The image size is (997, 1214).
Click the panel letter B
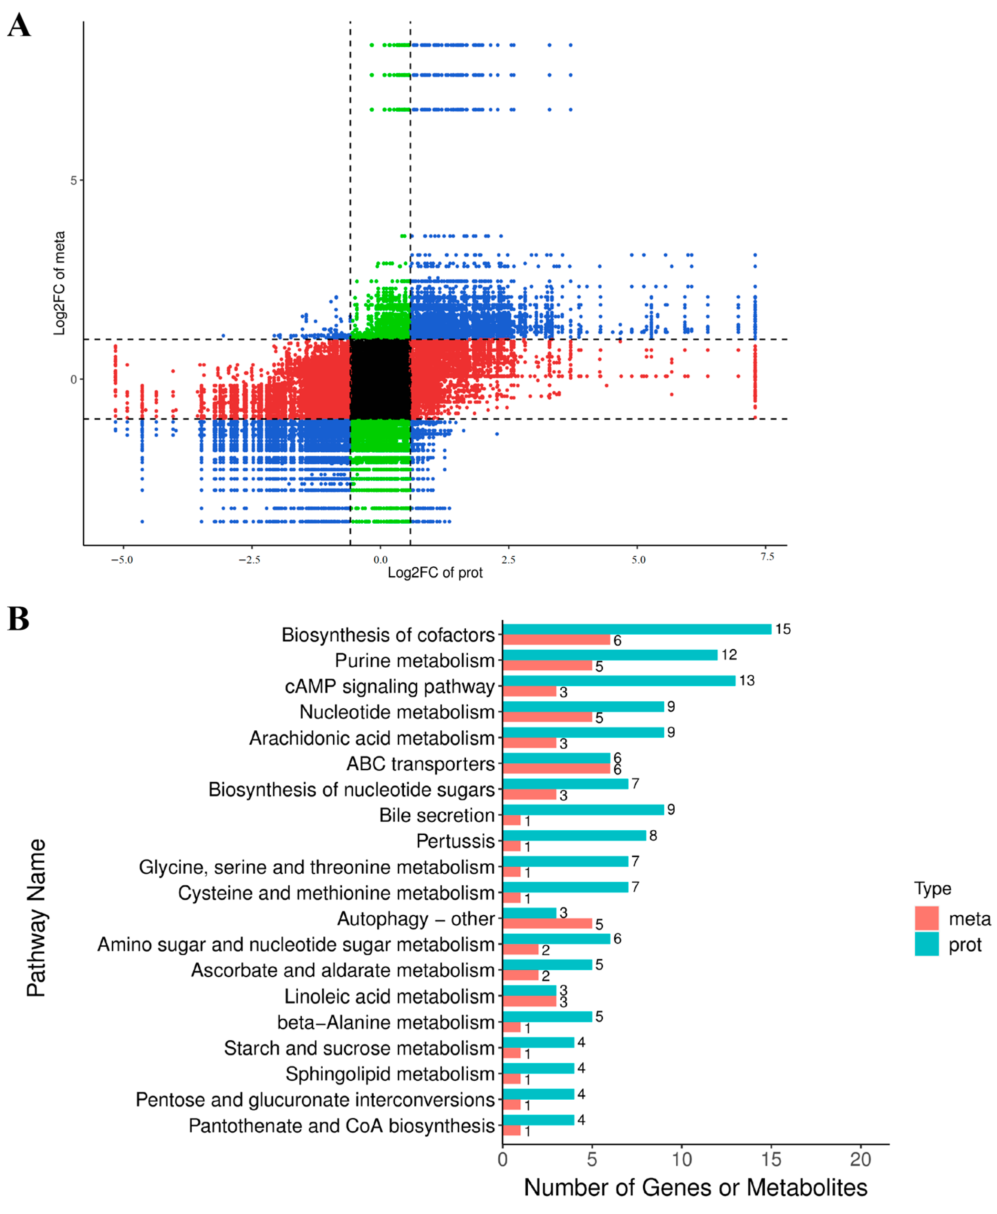(18, 619)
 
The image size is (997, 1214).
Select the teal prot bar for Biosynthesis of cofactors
(636, 629)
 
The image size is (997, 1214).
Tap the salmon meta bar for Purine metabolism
(547, 665)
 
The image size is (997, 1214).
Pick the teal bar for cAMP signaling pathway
(619, 680)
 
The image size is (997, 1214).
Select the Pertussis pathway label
(455, 841)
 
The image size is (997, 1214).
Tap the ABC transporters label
(420, 763)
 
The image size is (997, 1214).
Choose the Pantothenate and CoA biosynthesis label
(341, 1125)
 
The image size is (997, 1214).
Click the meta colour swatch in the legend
(926, 918)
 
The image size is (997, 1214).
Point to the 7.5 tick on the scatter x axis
(767, 556)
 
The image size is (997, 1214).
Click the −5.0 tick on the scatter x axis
(122, 559)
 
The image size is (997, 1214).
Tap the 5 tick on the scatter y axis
(73, 181)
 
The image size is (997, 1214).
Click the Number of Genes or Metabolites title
(695, 1187)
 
